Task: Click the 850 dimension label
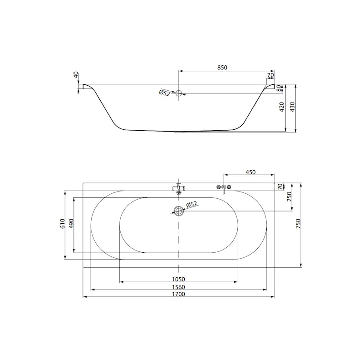click(222, 67)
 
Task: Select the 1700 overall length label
click(179, 294)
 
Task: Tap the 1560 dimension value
click(179, 287)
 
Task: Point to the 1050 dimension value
click(179, 279)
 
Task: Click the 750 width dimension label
click(298, 224)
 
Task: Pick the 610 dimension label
click(63, 224)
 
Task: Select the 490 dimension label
click(71, 224)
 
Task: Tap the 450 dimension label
click(250, 172)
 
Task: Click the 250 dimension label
click(289, 197)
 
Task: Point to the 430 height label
click(293, 107)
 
